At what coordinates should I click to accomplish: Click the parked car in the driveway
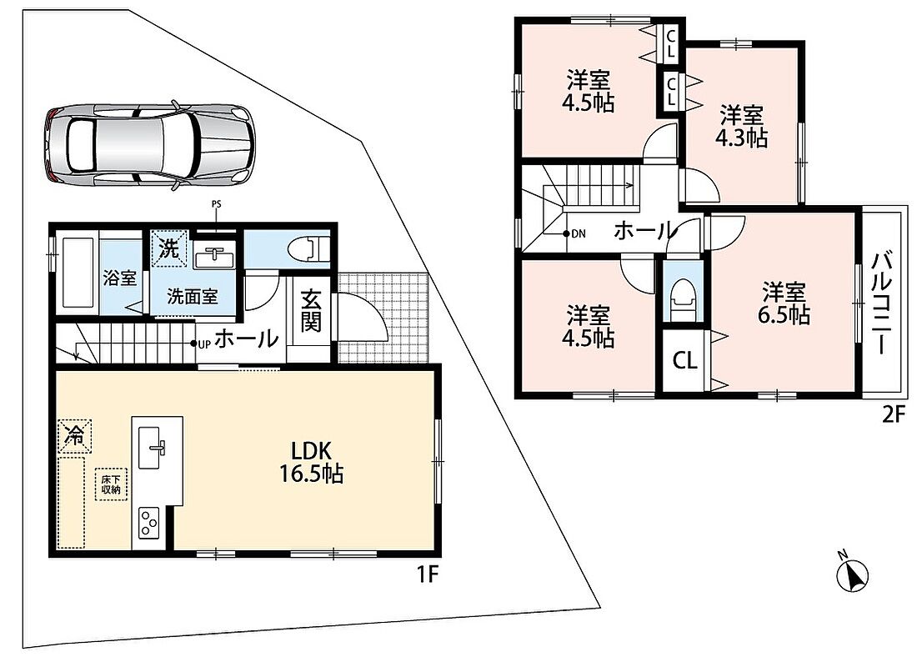coord(149,145)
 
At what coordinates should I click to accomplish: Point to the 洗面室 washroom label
coord(193,297)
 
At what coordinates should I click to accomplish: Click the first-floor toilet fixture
coord(308,248)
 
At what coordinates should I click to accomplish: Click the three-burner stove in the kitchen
coord(149,522)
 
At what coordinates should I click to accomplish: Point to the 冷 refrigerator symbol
coord(75,435)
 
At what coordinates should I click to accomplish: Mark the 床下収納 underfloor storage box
coord(111,484)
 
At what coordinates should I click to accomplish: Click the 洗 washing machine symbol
coord(168,249)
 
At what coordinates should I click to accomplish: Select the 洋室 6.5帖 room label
coord(784,303)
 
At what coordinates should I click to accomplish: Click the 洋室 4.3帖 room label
coord(741,126)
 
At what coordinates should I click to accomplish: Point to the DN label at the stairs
coord(579,233)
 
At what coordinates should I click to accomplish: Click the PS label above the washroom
coord(217,205)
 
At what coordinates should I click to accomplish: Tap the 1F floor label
coord(428,574)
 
